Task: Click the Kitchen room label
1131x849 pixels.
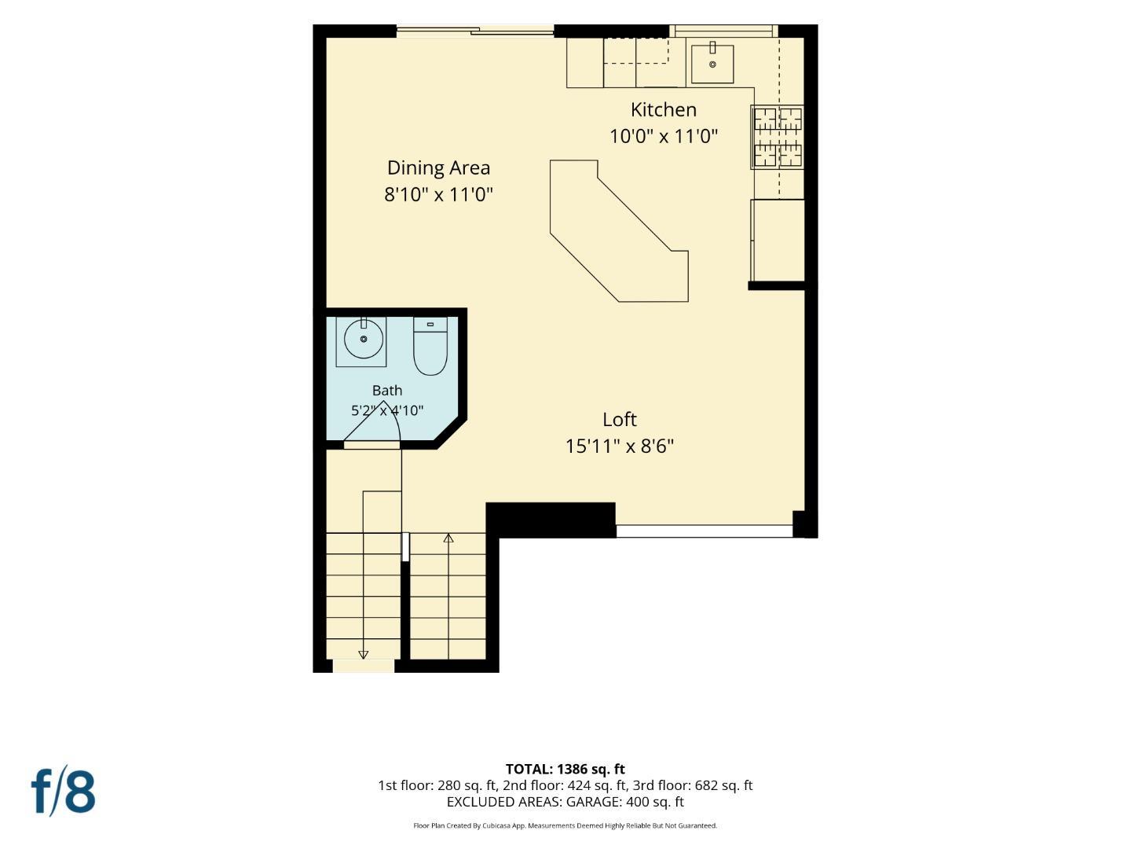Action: tap(663, 110)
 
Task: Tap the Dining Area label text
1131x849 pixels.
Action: tap(438, 168)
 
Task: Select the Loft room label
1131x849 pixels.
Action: tap(620, 420)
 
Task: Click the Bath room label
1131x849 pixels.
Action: tap(387, 390)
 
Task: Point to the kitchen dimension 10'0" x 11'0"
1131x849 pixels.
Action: tap(664, 137)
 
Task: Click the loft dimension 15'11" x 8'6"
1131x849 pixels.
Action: tap(620, 446)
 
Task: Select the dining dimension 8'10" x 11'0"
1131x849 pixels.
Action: tap(438, 195)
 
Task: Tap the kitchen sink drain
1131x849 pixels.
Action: tap(712, 64)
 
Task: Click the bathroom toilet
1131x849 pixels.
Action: tap(430, 346)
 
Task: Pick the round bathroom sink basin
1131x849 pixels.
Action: tap(364, 339)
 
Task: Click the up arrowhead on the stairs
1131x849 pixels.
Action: tap(448, 538)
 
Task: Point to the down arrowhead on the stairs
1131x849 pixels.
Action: tap(364, 655)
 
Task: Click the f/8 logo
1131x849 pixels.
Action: tap(63, 792)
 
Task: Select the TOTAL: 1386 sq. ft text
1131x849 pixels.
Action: tap(565, 769)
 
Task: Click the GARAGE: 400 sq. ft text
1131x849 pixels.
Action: tap(625, 802)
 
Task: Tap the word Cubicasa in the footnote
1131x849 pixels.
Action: tap(497, 825)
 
